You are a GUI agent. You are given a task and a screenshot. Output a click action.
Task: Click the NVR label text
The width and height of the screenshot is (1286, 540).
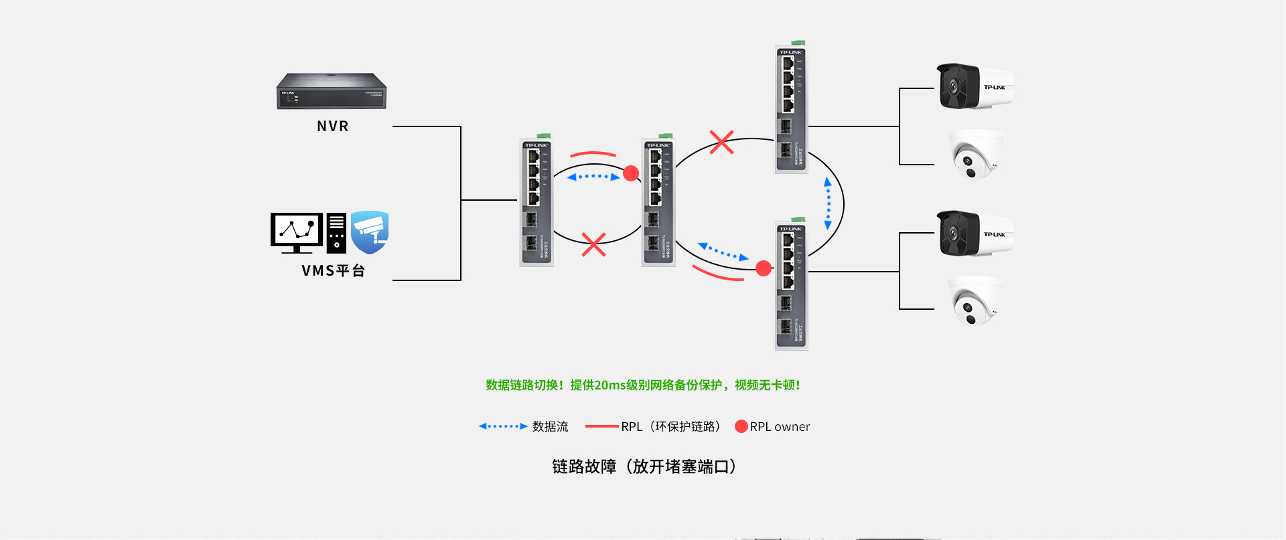(x=332, y=126)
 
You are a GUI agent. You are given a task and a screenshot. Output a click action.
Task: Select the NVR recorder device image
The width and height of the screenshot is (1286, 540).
(x=332, y=91)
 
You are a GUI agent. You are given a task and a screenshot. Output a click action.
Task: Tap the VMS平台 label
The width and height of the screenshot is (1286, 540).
(x=333, y=271)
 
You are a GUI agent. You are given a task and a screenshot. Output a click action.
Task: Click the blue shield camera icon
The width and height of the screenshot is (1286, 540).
(x=370, y=232)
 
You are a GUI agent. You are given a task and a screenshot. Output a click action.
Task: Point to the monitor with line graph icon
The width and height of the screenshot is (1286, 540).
(x=297, y=232)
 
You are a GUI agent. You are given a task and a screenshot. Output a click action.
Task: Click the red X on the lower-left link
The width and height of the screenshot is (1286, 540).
(x=593, y=245)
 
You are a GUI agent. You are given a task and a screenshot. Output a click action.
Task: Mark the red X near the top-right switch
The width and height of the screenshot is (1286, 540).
(x=721, y=142)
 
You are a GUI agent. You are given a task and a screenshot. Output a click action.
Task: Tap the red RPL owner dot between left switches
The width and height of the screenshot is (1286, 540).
(x=631, y=174)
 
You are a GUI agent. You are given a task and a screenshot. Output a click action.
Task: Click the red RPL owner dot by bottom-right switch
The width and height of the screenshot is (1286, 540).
(x=764, y=269)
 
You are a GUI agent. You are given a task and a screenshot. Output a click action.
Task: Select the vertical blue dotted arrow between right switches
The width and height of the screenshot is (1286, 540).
(x=828, y=204)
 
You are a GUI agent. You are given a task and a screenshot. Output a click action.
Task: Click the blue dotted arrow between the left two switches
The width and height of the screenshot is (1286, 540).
(x=593, y=177)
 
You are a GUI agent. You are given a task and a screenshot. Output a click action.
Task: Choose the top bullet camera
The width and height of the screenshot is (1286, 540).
(x=975, y=87)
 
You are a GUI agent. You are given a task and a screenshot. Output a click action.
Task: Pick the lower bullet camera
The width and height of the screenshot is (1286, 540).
(x=975, y=234)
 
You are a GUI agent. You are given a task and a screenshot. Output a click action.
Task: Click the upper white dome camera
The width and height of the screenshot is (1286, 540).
(x=975, y=155)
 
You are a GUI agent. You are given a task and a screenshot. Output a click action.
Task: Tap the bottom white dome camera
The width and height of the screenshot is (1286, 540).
(x=975, y=302)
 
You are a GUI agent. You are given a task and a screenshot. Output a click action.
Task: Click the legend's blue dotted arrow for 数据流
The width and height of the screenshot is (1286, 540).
(x=502, y=426)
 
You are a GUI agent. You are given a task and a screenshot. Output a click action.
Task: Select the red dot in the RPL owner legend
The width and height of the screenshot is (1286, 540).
(x=741, y=426)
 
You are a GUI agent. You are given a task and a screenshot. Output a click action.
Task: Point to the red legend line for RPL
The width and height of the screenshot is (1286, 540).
(x=601, y=426)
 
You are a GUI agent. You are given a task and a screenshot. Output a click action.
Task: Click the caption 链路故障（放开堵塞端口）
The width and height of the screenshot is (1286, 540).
(x=644, y=466)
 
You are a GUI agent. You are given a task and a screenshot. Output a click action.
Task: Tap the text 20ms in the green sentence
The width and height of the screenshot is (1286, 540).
(x=610, y=385)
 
